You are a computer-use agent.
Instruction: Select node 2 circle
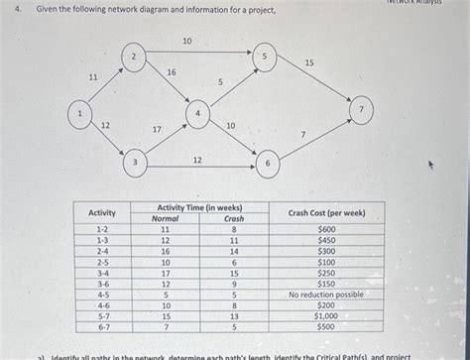point(134,58)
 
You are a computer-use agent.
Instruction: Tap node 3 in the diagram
point(138,162)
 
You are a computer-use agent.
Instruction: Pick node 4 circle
point(199,116)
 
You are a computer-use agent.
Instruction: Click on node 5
point(263,57)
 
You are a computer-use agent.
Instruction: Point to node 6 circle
point(266,162)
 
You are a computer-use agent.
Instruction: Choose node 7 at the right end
point(364,107)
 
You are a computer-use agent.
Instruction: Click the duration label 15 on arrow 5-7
point(309,63)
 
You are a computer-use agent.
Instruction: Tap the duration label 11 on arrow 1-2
point(93,76)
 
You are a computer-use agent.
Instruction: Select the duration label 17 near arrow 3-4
point(156,130)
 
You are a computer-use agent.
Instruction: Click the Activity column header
point(102,213)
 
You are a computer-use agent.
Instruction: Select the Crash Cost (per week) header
point(326,213)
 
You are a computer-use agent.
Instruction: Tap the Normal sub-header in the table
point(165,219)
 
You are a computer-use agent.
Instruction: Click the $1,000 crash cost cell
point(326,316)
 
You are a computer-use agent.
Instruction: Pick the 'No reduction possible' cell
point(326,295)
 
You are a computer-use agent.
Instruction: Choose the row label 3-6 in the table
point(102,284)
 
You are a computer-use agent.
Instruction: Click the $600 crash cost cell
point(326,229)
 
